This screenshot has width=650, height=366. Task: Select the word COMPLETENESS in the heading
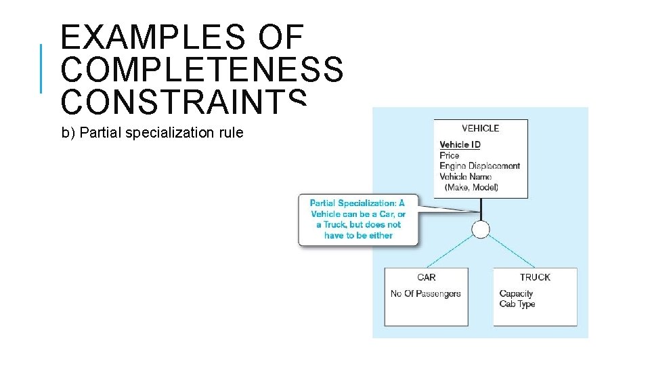(x=202, y=69)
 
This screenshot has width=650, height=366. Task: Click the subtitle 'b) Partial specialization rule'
(x=152, y=133)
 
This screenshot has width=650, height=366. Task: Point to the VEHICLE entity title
(x=481, y=128)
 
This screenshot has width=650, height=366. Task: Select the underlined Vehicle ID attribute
(x=460, y=144)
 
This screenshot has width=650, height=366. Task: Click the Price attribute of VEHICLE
(x=449, y=155)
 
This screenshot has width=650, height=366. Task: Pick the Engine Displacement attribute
(x=479, y=166)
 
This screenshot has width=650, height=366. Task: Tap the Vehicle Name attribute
(x=465, y=177)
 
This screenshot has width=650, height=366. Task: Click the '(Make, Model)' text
(x=471, y=187)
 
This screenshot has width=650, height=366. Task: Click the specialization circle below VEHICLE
(x=481, y=230)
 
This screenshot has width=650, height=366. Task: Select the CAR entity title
(x=427, y=277)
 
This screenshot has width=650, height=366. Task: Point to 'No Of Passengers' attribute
(x=425, y=293)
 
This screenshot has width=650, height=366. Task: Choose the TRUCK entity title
(x=535, y=277)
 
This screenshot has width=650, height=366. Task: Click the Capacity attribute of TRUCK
(x=516, y=293)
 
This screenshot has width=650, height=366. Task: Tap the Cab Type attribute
(x=517, y=304)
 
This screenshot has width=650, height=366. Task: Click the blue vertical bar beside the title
(x=41, y=68)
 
